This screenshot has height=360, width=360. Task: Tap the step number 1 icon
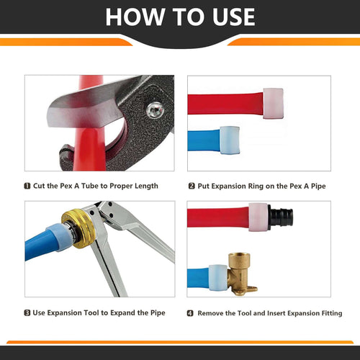coord(27,186)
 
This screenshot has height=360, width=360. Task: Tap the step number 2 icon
coord(192,186)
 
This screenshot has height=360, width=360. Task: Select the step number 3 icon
coord(27,313)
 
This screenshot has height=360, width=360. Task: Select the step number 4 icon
coord(191,313)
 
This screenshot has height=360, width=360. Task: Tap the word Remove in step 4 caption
coord(214,313)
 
